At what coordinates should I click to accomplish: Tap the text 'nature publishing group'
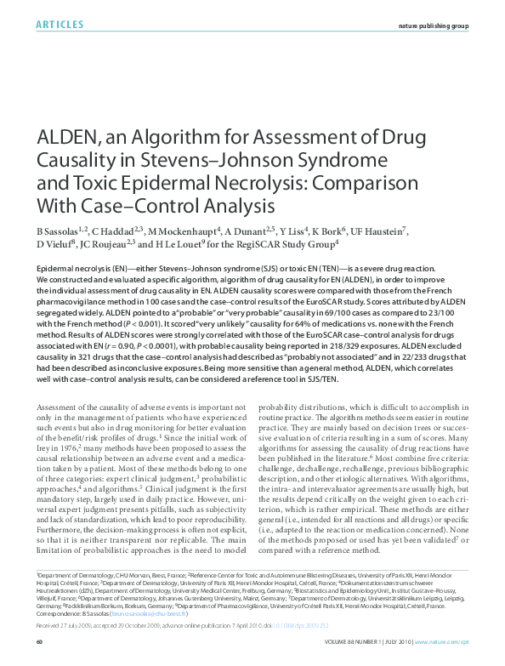(434, 26)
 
